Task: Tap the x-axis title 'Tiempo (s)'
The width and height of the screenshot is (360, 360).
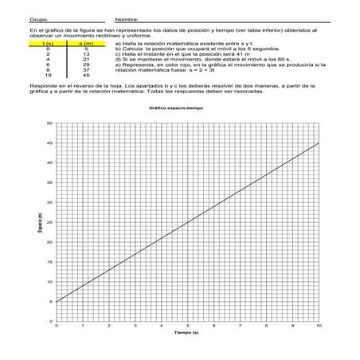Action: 187,335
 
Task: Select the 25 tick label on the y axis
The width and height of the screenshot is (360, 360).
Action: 49,223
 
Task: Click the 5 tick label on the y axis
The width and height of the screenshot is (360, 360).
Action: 50,302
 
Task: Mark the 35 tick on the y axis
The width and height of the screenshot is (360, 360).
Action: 49,183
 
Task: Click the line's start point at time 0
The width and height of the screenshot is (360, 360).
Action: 57,302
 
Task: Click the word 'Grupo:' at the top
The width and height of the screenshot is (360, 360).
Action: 16,19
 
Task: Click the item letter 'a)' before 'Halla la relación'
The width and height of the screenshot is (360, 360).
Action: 108,44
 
